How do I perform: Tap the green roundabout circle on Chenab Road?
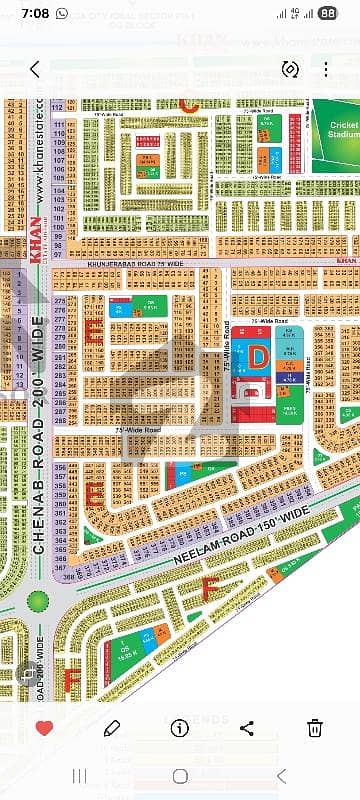tap(39, 602)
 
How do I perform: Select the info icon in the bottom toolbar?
tap(180, 727)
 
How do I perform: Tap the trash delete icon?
tap(314, 727)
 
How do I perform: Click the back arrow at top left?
tap(35, 69)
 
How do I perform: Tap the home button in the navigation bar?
tap(180, 775)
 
